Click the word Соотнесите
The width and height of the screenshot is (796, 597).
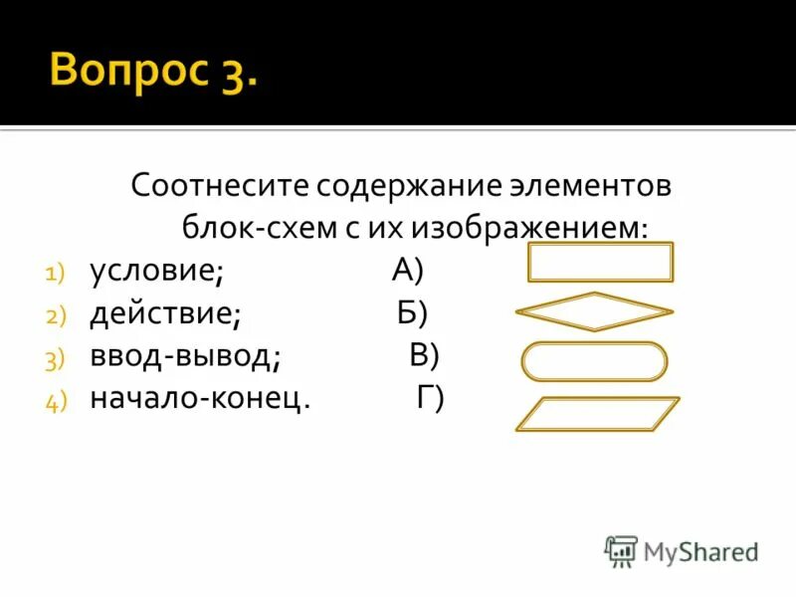[220, 186]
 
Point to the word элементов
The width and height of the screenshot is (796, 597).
[594, 186]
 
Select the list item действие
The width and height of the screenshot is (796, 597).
[165, 313]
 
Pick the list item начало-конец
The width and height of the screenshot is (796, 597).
[200, 398]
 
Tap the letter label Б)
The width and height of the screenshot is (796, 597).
[412, 312]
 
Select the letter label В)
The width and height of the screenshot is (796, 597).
[424, 355]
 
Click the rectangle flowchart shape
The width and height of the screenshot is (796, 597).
[600, 262]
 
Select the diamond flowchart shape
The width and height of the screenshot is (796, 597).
[594, 311]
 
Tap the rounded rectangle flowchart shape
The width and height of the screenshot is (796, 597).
[594, 361]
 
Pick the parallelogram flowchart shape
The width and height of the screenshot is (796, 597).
[597, 413]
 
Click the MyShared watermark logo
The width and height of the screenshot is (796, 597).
[683, 550]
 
